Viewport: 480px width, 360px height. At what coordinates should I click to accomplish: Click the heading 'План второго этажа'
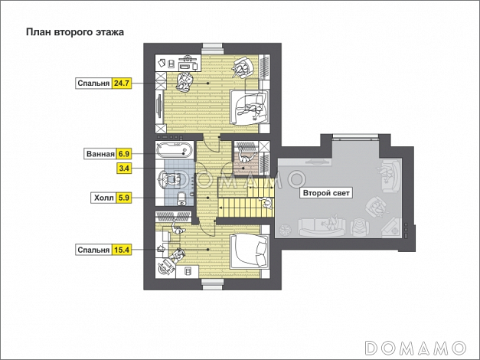(75, 32)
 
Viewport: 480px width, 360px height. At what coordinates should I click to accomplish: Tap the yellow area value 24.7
(122, 83)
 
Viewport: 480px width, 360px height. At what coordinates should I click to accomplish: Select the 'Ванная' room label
(100, 154)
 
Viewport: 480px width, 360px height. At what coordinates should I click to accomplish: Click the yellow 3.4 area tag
(124, 169)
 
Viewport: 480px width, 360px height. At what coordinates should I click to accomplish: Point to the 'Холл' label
(103, 198)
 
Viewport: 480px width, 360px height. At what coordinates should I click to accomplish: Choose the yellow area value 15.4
(122, 250)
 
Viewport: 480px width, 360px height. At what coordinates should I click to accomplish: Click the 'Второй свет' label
(326, 193)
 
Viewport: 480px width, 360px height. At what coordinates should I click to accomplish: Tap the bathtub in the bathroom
(175, 150)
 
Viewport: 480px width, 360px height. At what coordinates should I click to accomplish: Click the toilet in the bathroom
(182, 198)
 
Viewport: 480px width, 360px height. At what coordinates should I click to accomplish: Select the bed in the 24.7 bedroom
(250, 107)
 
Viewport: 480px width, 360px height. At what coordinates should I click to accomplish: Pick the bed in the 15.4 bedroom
(249, 250)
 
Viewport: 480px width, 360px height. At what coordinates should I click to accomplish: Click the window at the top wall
(213, 46)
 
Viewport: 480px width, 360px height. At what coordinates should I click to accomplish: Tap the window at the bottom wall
(212, 285)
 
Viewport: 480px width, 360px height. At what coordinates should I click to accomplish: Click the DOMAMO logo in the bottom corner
(416, 348)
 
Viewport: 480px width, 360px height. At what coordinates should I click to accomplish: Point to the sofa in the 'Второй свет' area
(322, 227)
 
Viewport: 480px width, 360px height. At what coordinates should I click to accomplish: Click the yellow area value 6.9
(124, 154)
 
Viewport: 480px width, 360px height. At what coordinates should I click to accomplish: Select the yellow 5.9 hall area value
(124, 198)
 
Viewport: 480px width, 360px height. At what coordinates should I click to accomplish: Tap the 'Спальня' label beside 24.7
(93, 83)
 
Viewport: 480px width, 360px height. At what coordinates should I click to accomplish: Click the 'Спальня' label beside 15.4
(93, 250)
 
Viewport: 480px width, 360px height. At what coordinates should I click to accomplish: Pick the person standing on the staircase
(266, 203)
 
